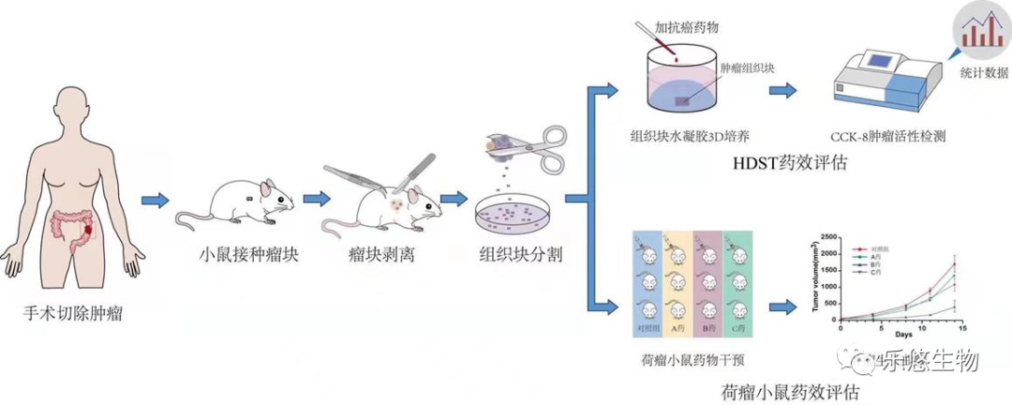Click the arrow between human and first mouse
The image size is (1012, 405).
(155, 200)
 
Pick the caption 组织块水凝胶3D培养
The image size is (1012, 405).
(691, 135)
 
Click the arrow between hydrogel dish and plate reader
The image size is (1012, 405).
(782, 90)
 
